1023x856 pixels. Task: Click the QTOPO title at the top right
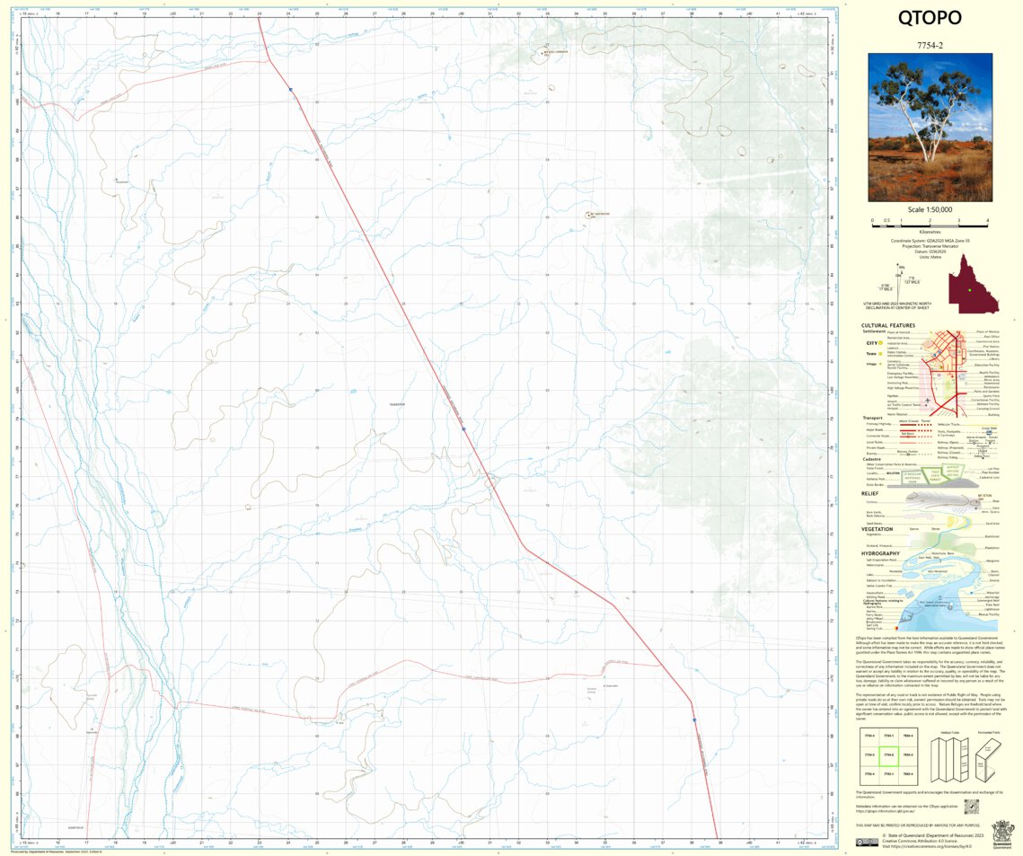point(930,19)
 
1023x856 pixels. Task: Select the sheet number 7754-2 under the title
point(930,44)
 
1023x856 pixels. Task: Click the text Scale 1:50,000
point(930,209)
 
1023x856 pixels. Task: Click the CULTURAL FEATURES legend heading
point(888,325)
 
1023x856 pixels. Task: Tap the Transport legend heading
point(874,418)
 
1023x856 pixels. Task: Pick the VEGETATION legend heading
point(877,529)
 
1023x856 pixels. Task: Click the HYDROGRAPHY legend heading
point(881,553)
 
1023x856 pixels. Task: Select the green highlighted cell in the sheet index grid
point(888,755)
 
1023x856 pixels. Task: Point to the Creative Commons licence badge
point(867,843)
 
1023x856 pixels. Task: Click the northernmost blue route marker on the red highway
point(291,89)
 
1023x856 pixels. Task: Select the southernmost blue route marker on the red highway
point(694,719)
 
